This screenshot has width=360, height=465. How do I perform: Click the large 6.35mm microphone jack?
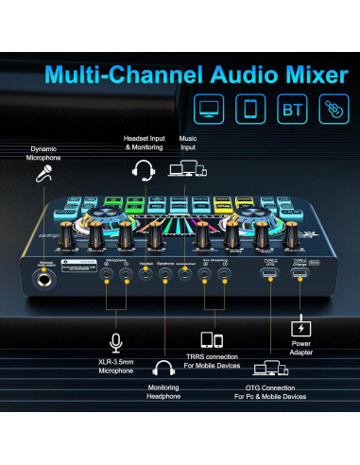(43, 281)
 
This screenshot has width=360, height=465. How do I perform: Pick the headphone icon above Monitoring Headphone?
(163, 369)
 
